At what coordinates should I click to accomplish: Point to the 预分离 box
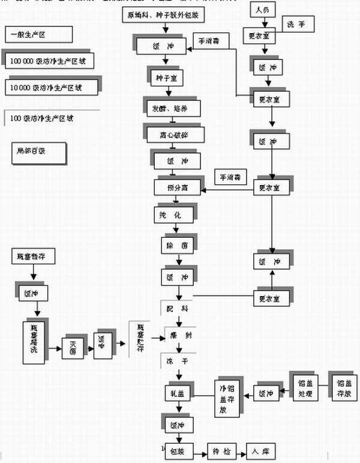(179, 187)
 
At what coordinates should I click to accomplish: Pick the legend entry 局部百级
(36, 151)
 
